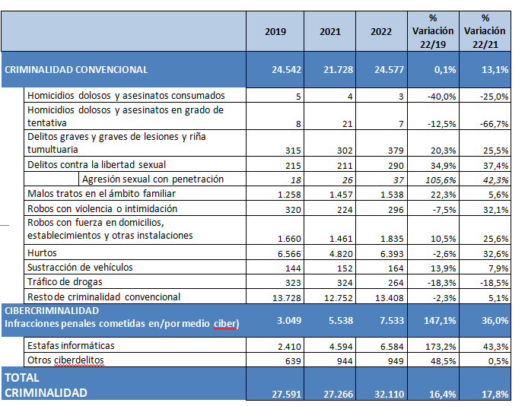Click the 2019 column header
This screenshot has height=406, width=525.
[275, 31]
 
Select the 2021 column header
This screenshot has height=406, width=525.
[329, 31]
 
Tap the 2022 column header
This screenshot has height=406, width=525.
[381, 31]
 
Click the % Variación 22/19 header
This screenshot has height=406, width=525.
[433, 31]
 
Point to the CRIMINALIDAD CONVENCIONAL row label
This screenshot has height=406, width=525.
[76, 70]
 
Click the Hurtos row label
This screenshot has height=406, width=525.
[42, 252]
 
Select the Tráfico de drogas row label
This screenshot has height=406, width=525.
[65, 282]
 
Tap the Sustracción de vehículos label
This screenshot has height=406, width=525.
[80, 268]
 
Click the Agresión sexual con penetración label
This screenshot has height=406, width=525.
[153, 179]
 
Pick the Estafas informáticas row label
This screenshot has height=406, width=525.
[71, 345]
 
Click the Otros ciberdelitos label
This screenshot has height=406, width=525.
[65, 360]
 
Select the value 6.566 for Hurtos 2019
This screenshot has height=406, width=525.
[289, 254]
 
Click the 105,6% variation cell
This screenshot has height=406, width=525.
[441, 180]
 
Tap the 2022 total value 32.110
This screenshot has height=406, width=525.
[389, 395]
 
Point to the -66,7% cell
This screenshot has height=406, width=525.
[495, 124]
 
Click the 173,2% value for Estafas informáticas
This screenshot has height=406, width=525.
[441, 347]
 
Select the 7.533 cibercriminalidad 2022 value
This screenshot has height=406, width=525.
[392, 321]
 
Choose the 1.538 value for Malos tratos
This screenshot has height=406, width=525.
[392, 195]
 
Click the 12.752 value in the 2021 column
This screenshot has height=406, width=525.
[338, 298]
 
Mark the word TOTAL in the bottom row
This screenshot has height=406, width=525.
[22, 378]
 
